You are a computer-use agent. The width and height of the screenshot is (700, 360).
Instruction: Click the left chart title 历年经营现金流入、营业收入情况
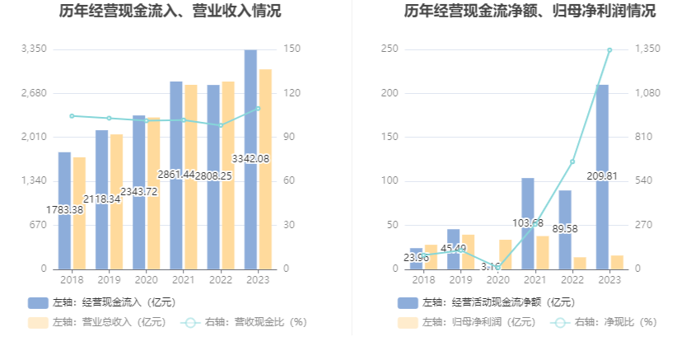pyautogui.click(x=170, y=12)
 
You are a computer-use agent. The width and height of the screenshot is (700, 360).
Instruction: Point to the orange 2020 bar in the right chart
pyautogui.click(x=505, y=255)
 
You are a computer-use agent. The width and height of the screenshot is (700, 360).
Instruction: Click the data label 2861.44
pyautogui.click(x=176, y=175)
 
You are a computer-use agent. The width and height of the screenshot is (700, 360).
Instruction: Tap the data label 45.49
pyautogui.click(x=454, y=248)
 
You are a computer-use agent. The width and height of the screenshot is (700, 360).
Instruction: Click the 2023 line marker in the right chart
pyautogui.click(x=609, y=50)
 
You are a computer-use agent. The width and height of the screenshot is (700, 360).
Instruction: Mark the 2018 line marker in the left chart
pyautogui.click(x=72, y=116)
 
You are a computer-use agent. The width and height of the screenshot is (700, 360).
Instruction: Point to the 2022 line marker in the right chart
pyautogui.click(x=572, y=161)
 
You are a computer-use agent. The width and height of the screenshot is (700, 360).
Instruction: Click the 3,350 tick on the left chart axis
pyautogui.click(x=34, y=49)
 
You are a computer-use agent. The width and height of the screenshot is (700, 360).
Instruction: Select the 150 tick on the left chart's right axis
pyautogui.click(x=291, y=49)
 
